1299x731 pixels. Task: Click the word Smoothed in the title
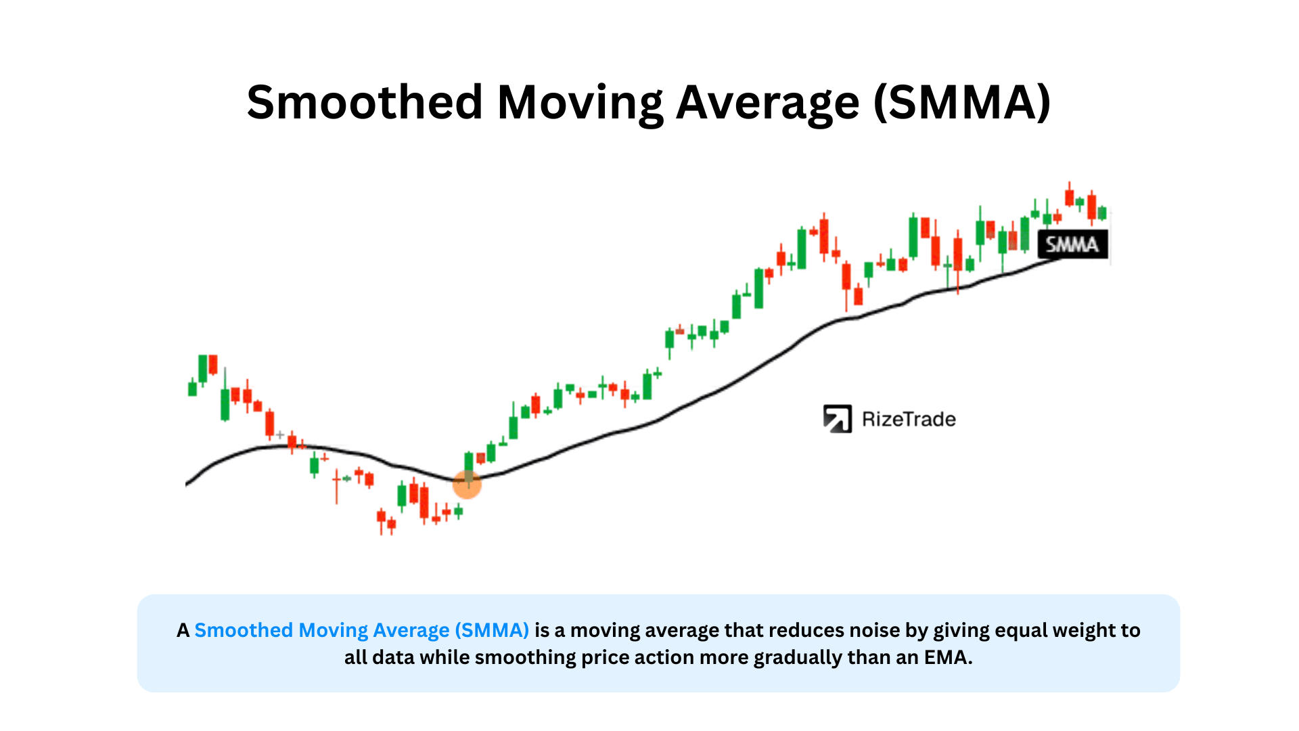coord(365,103)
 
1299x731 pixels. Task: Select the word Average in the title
coord(768,103)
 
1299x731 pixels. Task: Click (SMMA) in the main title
coord(962,103)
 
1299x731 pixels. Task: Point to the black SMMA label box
coord(1072,244)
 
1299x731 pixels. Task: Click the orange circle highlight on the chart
coord(467,484)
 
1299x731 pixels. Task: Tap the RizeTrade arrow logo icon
coord(837,419)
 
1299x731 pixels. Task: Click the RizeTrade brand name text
coord(909,420)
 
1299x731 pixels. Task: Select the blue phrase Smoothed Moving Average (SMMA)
coord(361,630)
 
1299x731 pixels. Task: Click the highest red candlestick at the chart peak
coord(1069,197)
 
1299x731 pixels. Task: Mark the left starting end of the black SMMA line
coord(187,483)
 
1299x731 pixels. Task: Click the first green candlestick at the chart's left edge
coord(192,389)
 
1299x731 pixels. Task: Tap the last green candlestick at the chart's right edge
coord(1102,213)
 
